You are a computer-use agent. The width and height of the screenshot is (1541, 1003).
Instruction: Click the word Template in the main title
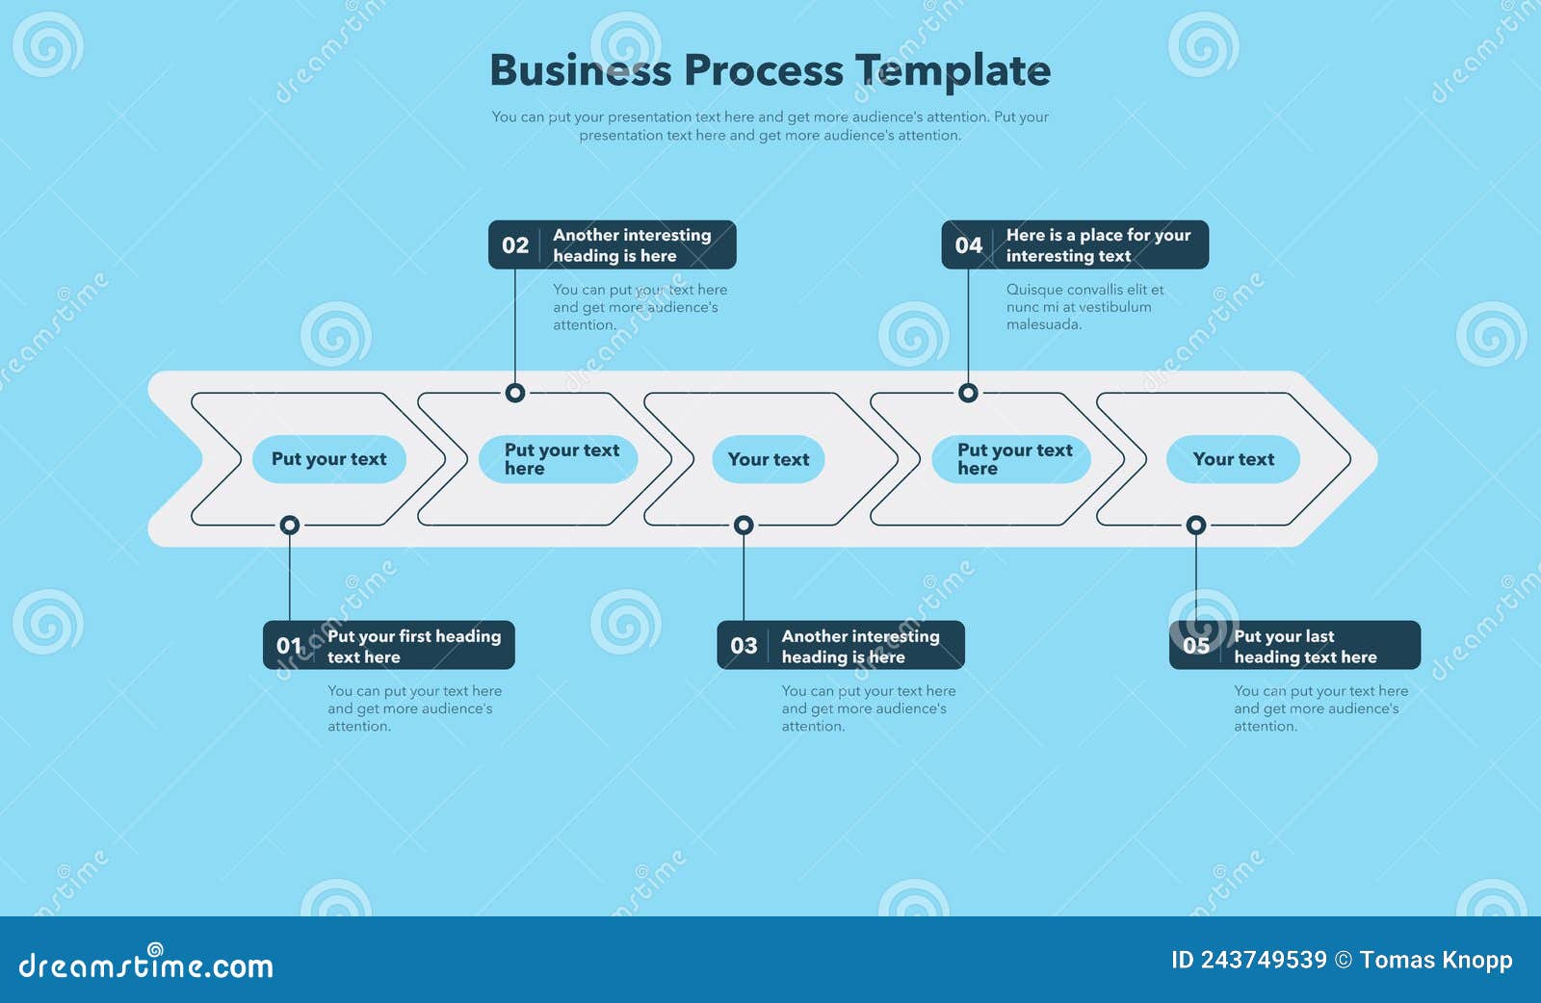pyautogui.click(x=953, y=70)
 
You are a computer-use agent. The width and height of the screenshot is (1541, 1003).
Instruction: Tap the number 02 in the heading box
pyautogui.click(x=515, y=245)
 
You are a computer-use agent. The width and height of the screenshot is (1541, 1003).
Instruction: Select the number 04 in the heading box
pyautogui.click(x=968, y=245)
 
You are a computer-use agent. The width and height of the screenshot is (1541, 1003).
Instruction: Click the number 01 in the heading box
pyautogui.click(x=289, y=646)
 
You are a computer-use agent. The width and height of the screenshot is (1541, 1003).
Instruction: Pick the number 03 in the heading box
pyautogui.click(x=744, y=646)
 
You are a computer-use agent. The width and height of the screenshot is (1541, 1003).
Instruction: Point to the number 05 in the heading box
pyautogui.click(x=1196, y=646)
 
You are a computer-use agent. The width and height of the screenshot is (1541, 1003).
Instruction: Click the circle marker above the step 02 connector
pyautogui.click(x=515, y=393)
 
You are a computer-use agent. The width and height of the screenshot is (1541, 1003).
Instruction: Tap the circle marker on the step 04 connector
pyautogui.click(x=968, y=393)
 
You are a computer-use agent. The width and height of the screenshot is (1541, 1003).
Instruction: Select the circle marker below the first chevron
pyautogui.click(x=290, y=525)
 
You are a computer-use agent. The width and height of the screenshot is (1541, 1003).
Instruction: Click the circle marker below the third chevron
pyautogui.click(x=744, y=525)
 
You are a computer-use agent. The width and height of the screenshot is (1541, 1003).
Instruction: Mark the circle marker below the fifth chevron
pyautogui.click(x=1196, y=525)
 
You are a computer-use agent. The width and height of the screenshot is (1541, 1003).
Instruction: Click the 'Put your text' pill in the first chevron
pyautogui.click(x=328, y=459)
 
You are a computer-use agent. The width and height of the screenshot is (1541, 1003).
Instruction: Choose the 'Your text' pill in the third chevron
pyautogui.click(x=768, y=459)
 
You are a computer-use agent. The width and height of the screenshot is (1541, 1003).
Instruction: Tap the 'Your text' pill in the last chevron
pyautogui.click(x=1233, y=459)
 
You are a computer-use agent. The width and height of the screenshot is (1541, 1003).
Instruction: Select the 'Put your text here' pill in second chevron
pyautogui.click(x=559, y=459)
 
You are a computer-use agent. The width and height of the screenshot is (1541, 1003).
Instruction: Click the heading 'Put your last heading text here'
pyautogui.click(x=1305, y=646)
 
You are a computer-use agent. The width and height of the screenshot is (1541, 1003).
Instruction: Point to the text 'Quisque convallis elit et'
pyautogui.click(x=1084, y=289)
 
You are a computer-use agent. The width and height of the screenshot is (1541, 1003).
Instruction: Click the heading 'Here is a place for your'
pyautogui.click(x=1098, y=235)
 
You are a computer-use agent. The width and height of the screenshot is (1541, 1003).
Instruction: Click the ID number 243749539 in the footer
pyautogui.click(x=1264, y=960)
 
